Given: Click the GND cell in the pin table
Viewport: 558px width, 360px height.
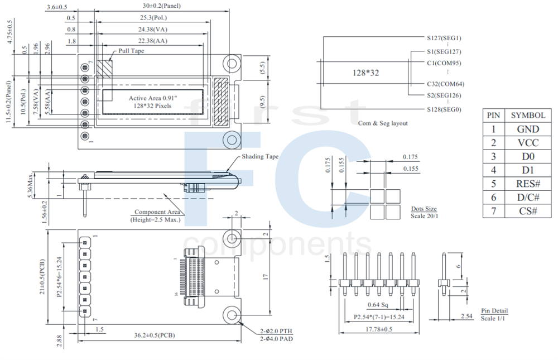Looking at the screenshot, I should [528, 129].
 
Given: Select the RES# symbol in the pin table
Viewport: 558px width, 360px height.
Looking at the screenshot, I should [528, 184].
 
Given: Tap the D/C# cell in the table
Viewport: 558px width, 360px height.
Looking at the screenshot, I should [528, 198].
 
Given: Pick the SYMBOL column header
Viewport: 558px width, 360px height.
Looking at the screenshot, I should [528, 115].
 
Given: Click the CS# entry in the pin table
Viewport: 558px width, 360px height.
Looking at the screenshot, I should [528, 212].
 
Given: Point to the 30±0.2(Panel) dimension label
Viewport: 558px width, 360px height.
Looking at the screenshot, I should [162, 6].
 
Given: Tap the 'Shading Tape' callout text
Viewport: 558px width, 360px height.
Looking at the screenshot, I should [259, 157].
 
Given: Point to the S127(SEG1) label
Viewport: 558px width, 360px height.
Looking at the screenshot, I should [444, 39].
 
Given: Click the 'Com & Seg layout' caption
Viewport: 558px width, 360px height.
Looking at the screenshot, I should [383, 123].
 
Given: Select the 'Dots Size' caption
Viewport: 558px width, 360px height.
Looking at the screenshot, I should [424, 209].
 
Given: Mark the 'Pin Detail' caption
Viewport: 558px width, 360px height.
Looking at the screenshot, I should [494, 311].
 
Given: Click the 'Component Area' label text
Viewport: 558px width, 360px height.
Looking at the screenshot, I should [157, 212].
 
